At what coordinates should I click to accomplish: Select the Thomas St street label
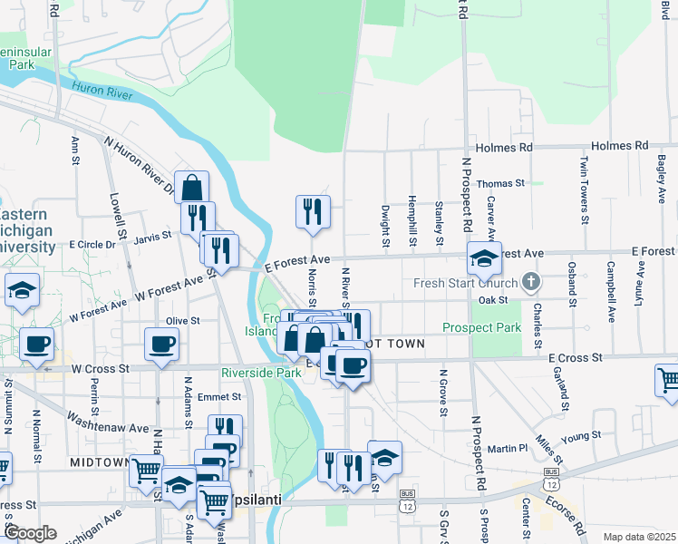(501, 183)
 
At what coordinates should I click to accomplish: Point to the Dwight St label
(385, 226)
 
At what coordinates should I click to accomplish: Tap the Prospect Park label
(482, 327)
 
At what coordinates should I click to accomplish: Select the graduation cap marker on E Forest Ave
(484, 258)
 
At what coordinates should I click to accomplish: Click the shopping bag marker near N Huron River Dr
(192, 188)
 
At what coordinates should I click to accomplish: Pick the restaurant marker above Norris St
(313, 211)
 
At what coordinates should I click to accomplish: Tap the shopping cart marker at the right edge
(668, 380)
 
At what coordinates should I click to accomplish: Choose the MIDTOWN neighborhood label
(100, 462)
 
